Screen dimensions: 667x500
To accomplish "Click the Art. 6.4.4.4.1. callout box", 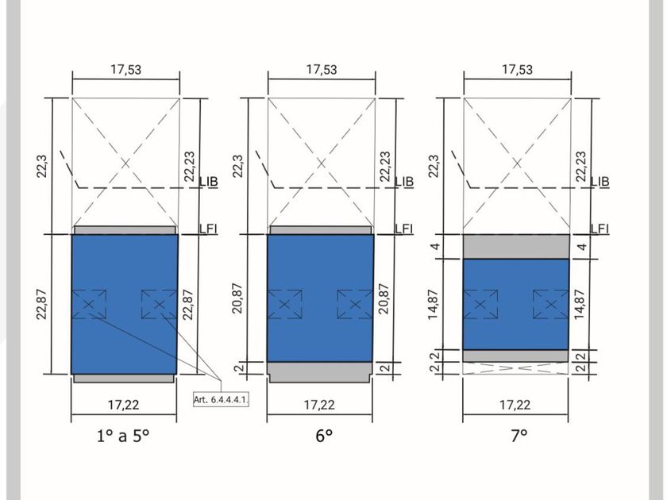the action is point(222,400).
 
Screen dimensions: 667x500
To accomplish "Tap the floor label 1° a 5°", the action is point(123,436).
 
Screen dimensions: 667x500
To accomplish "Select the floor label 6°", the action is point(324,436).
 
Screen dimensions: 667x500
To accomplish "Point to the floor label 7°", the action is point(519,436).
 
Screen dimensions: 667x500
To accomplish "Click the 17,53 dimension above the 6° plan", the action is point(322,69).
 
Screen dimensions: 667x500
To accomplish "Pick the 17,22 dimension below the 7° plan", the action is point(515,404).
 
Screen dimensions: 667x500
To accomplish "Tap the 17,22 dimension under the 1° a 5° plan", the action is point(123,404).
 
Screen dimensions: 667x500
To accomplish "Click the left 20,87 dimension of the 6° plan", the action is point(237,298).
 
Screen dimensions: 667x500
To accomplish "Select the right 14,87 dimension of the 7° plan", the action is point(580,305).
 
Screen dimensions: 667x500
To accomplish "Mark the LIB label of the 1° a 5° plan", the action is point(209,182).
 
